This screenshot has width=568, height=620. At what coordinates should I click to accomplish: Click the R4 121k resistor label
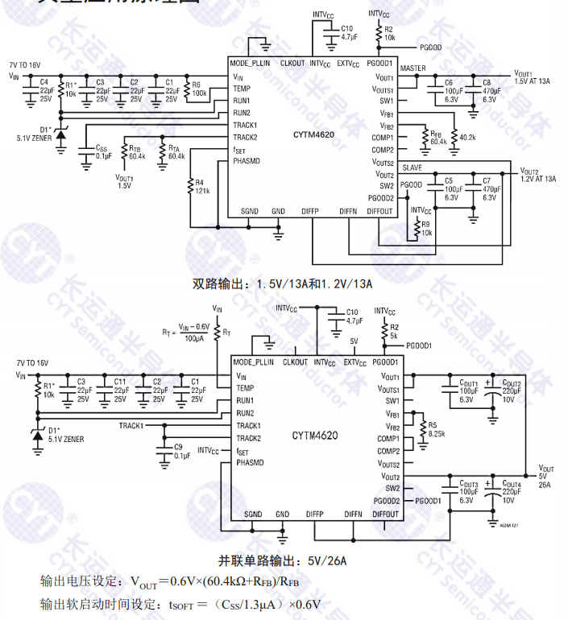point(201,187)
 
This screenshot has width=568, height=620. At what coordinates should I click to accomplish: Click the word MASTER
point(413,68)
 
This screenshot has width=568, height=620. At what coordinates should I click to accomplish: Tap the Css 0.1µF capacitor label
point(103,151)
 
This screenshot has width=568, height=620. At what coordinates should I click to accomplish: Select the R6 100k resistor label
point(199,89)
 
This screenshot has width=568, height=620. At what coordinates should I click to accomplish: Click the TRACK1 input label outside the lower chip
point(131,425)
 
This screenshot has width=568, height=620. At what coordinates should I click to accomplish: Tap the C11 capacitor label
point(119,389)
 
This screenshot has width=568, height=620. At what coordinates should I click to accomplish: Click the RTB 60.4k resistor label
point(135,151)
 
